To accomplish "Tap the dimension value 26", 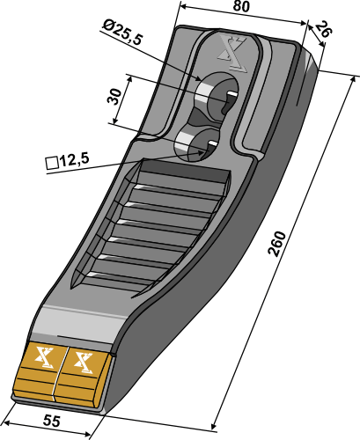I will pos(324,31).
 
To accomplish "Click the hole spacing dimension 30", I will pos(114,97).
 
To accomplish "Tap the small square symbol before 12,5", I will pos(50,163).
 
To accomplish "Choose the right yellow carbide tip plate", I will pos(83,376).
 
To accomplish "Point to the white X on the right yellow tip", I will pos(85,360).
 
